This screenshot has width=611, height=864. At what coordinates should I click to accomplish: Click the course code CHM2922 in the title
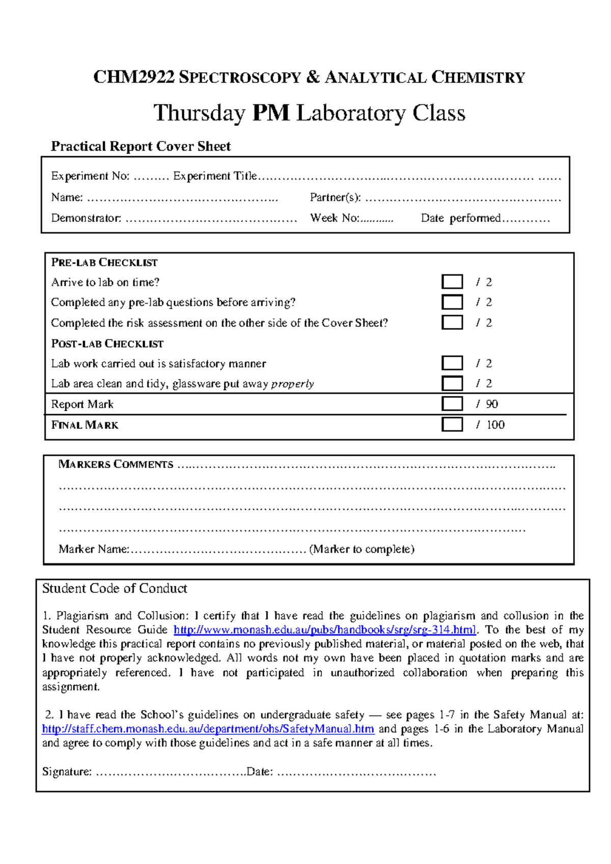pos(134,77)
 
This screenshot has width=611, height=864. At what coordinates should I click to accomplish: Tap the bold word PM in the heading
pos(271,113)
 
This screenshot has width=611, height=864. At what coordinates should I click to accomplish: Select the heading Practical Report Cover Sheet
pos(141,147)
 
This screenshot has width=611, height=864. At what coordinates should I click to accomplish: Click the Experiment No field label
pos(90,176)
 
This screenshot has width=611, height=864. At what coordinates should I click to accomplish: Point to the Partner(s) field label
pos(335,197)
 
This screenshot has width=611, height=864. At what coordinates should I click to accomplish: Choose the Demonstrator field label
pos(86,218)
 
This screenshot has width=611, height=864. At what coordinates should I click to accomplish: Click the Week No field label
pos(335,218)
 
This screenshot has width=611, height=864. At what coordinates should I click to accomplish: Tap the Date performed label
pos(461,218)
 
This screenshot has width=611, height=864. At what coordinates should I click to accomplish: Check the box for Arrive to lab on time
pos(452,282)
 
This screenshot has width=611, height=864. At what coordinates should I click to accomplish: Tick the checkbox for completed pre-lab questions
pos(452,302)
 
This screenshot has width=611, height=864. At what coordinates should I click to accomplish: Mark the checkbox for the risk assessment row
pos(452,323)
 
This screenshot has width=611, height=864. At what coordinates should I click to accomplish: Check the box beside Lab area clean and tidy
pos(452,383)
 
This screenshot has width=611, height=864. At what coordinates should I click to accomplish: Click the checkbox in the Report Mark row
pos(452,404)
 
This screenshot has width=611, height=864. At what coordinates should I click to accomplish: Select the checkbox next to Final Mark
pos(452,424)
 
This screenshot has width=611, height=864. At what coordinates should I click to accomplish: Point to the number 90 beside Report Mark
pos(492,404)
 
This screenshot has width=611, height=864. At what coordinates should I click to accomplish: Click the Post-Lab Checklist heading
pos(107,344)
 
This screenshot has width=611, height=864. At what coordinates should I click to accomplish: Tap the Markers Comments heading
pos(116,464)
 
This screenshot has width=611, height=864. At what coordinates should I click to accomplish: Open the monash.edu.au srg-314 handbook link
pos(325,630)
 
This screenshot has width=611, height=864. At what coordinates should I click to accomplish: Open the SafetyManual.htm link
pos(208,729)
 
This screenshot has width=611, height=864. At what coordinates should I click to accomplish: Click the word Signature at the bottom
pos(67,772)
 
